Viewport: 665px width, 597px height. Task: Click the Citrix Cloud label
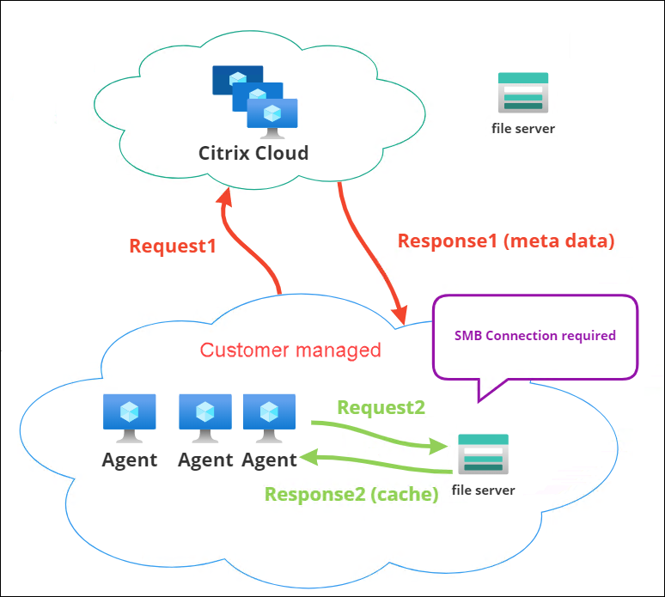click(x=253, y=154)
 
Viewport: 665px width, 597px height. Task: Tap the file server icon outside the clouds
click(x=522, y=92)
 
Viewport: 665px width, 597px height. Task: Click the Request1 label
click(x=172, y=247)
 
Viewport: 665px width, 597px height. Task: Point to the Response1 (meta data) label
click(x=507, y=241)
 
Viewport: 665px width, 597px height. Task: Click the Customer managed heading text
click(x=290, y=350)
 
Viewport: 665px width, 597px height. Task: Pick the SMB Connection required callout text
click(x=535, y=335)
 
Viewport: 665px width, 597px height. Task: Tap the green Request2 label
click(x=381, y=407)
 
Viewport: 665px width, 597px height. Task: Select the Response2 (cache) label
click(x=351, y=494)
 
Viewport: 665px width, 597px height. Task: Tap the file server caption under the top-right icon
click(x=522, y=129)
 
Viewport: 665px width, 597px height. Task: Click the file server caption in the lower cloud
click(x=483, y=490)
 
